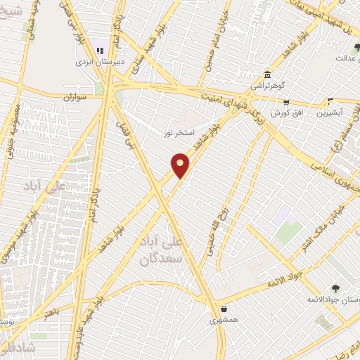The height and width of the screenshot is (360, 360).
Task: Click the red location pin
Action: click(181, 166)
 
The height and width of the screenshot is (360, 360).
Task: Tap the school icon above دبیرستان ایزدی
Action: click(100, 50)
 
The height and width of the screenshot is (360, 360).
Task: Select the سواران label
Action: click(74, 98)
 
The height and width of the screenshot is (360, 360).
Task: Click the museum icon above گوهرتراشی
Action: click(267, 75)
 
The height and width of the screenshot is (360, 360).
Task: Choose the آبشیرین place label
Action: click(332, 112)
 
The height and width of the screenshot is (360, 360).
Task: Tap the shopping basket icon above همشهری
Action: click(224, 309)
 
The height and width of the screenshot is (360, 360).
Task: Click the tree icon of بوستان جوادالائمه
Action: click(335, 288)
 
